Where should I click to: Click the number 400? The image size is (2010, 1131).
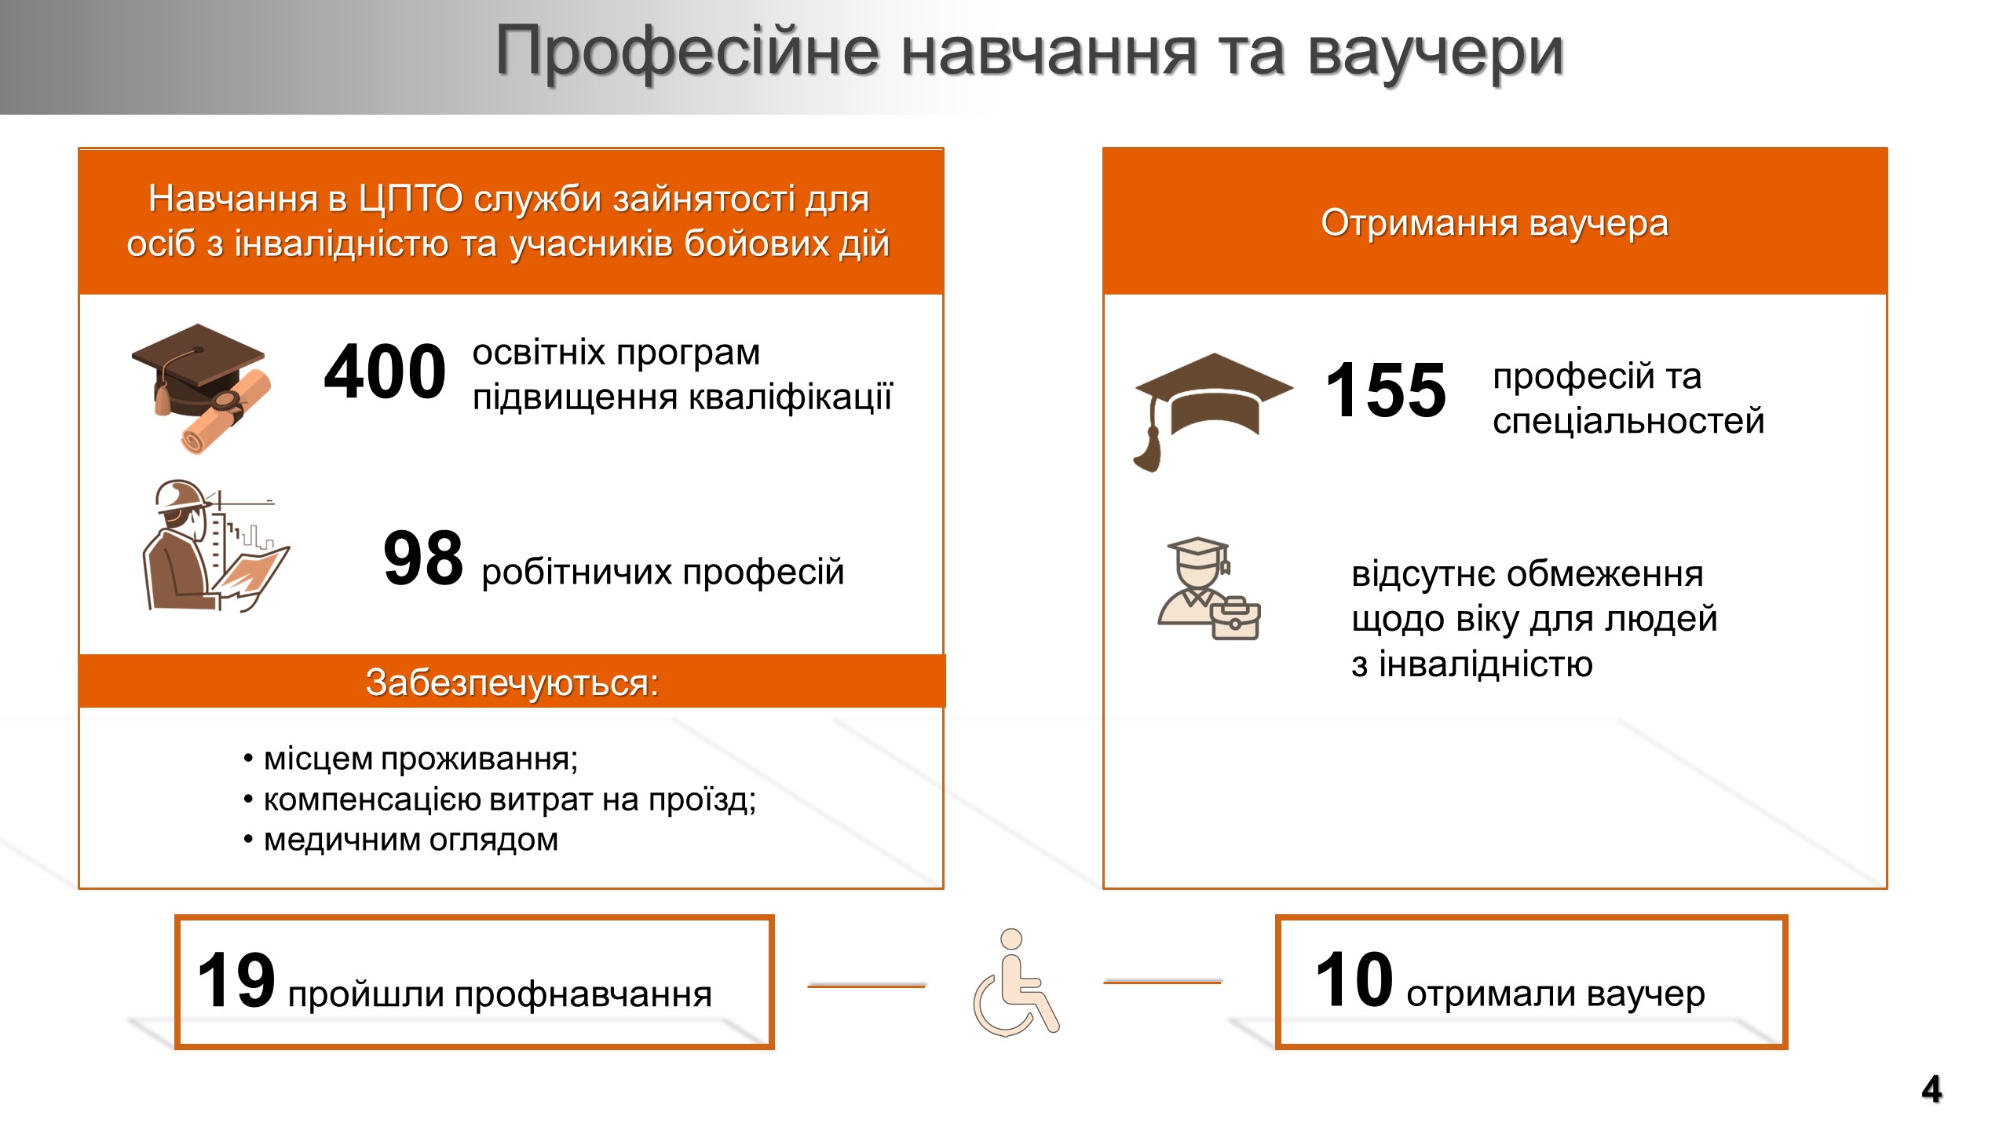click(x=385, y=372)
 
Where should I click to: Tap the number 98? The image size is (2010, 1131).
click(x=423, y=558)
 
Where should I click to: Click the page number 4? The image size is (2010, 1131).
click(x=1931, y=1089)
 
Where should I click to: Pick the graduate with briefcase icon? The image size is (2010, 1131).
click(x=1209, y=588)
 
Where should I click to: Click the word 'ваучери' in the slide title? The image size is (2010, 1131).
click(x=1436, y=52)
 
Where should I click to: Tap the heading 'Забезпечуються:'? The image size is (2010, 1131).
click(x=512, y=683)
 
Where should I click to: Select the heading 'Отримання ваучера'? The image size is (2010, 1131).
click(x=1494, y=223)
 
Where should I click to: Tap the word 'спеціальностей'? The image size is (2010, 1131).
click(x=1628, y=422)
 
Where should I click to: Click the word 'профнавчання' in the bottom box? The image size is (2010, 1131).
click(x=583, y=995)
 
